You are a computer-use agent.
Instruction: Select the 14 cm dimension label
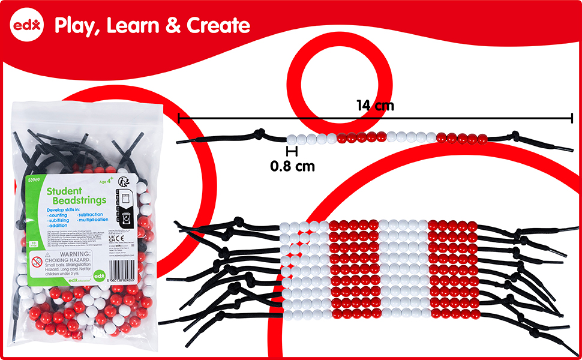pyautogui.click(x=375, y=106)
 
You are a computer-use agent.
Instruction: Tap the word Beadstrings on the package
pyautogui.click(x=77, y=200)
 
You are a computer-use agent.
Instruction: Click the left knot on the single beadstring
pyautogui.click(x=260, y=134)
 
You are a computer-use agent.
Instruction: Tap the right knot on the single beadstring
pyautogui.click(x=514, y=137)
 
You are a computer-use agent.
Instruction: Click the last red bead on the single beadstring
pyautogui.click(x=483, y=139)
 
